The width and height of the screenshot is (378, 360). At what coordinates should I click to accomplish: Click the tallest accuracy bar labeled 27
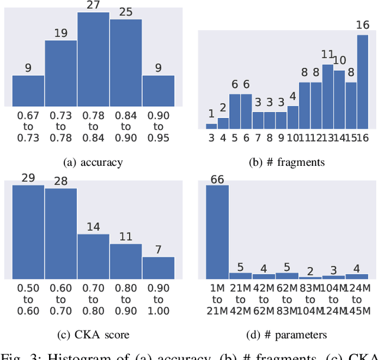93,59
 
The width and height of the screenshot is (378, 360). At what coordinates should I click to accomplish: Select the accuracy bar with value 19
61,73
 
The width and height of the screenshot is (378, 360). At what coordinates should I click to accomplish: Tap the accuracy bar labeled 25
126,63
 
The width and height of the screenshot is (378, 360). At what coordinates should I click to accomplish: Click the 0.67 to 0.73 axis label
28,127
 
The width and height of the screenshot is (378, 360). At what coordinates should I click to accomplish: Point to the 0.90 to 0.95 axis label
158,127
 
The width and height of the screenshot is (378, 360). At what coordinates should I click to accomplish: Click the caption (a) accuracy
93,162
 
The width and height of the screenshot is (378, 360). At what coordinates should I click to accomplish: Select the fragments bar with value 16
363,82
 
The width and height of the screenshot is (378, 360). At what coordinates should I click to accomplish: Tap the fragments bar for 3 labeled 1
211,126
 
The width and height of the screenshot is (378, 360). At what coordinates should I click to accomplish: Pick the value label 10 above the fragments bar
340,61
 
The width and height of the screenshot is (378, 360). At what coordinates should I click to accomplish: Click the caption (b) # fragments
286,162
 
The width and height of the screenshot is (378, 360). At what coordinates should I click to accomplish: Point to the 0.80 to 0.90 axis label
126,300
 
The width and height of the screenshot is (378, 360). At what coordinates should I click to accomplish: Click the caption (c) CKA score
93,335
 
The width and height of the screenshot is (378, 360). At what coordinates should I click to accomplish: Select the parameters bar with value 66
217,232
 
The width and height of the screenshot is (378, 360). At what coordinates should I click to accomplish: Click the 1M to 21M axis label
217,300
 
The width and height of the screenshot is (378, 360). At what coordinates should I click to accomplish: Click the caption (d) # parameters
286,335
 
